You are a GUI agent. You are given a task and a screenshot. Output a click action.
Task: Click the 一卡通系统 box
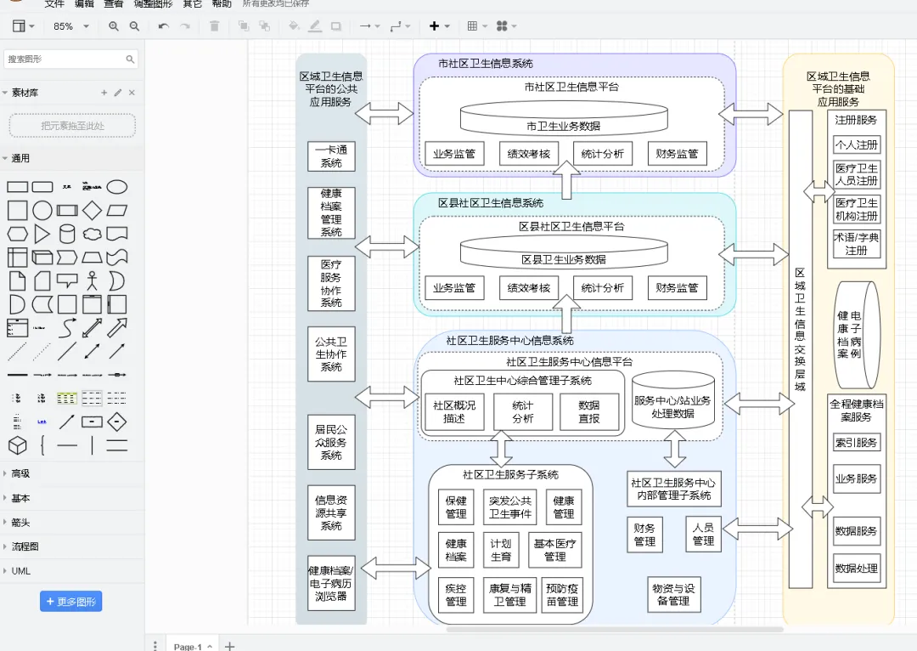[x=331, y=156]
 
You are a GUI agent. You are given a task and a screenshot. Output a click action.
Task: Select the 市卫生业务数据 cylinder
[x=563, y=119]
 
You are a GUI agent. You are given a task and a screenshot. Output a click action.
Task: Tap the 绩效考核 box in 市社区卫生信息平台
[x=528, y=154]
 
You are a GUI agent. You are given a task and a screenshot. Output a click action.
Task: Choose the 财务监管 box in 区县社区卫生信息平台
[x=677, y=288]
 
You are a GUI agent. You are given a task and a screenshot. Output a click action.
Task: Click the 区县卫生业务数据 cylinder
[x=563, y=252]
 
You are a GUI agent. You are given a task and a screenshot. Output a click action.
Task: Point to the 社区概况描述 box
[x=454, y=412]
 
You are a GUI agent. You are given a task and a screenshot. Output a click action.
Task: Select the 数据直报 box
[x=588, y=412]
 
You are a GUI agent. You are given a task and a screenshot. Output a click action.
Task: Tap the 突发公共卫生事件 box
[x=510, y=507]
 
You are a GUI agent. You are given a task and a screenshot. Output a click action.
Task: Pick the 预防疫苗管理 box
[x=562, y=595]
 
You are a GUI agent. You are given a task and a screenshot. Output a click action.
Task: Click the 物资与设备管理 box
[x=673, y=594]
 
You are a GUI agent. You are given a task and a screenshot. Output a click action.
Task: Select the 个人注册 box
[x=856, y=144]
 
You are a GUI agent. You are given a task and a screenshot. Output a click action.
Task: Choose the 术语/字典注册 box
[x=856, y=244]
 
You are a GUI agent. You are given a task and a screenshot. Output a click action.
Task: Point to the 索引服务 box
[x=856, y=443]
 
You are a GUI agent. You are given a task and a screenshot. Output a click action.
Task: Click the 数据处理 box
[x=856, y=569]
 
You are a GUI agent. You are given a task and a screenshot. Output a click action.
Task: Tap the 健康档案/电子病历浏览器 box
[x=331, y=583]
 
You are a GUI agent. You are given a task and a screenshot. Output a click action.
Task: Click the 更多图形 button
[x=70, y=602]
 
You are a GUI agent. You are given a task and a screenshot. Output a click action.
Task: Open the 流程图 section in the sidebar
[x=25, y=546]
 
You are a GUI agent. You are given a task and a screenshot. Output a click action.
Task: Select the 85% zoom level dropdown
[x=73, y=26]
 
